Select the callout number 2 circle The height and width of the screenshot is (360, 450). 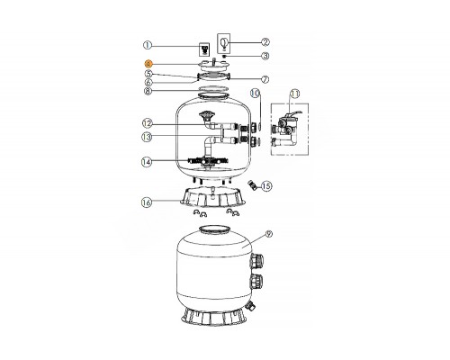pyautogui.click(x=265, y=40)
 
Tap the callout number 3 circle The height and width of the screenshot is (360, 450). pyautogui.click(x=265, y=56)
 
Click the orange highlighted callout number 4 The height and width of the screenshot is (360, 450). pyautogui.click(x=148, y=64)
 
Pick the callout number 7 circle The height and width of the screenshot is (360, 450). pyautogui.click(x=265, y=80)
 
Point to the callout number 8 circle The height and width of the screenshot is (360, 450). pyautogui.click(x=148, y=90)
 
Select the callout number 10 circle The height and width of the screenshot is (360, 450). pyautogui.click(x=255, y=94)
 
